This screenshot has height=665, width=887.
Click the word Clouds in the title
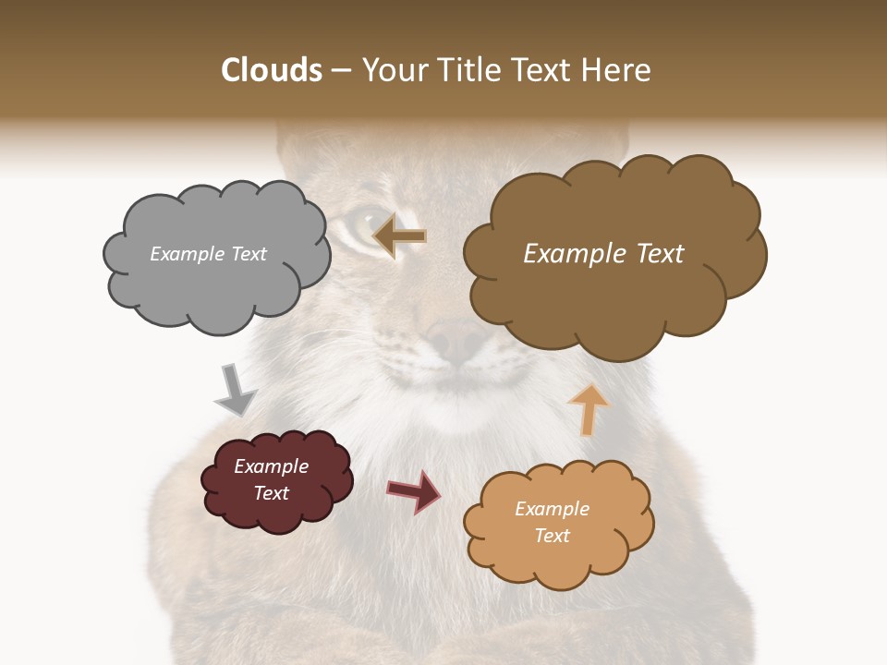(271, 70)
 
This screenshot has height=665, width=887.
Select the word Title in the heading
(468, 70)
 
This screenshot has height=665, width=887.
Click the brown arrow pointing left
(399, 236)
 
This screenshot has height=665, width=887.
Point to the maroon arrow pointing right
(414, 490)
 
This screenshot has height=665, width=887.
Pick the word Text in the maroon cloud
(272, 493)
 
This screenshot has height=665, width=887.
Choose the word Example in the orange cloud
(552, 509)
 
